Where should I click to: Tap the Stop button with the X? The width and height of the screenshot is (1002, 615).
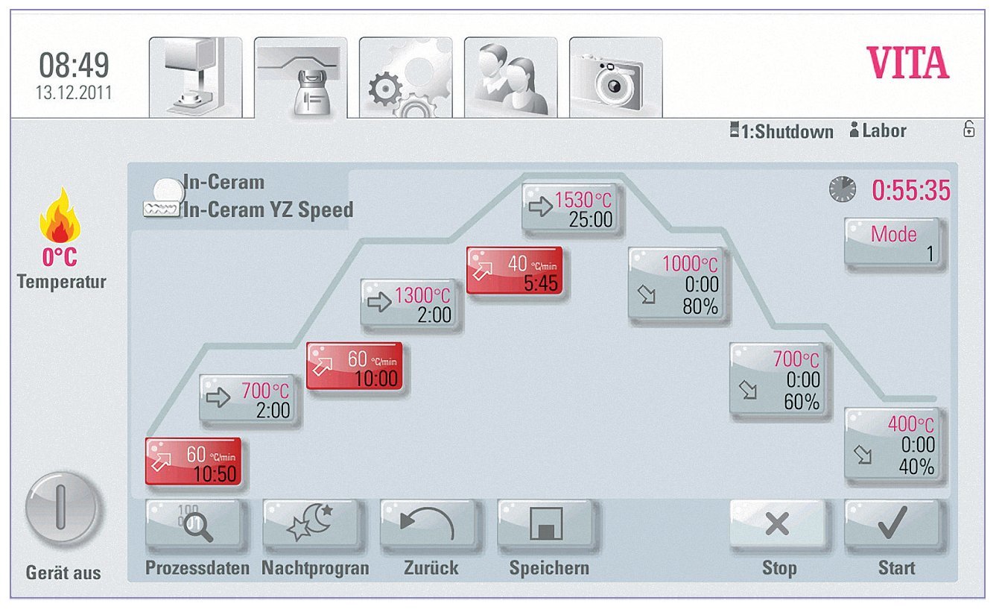[x=778, y=526]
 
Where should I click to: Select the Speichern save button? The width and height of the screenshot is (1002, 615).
[x=546, y=526]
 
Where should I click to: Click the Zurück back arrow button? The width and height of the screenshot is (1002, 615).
[x=428, y=526]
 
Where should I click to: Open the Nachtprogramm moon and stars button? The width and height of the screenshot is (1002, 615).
[x=311, y=526]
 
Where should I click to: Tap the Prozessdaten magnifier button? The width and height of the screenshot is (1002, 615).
[x=194, y=526]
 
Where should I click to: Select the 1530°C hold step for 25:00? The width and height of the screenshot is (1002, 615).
[x=571, y=209]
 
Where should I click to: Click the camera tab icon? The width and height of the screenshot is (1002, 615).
[x=615, y=78]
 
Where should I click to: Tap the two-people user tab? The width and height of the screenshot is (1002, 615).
[x=510, y=78]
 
